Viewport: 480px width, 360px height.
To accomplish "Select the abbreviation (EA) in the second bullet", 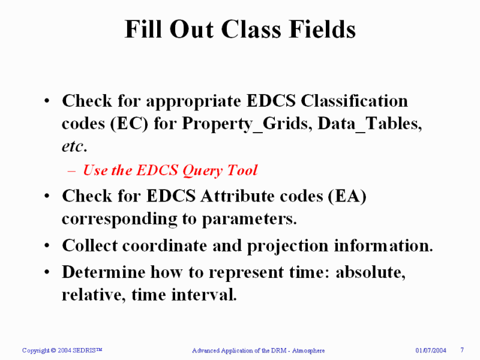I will [x=347, y=196].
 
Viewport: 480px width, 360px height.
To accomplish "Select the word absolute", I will [x=370, y=272].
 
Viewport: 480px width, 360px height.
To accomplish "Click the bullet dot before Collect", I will [x=47, y=247].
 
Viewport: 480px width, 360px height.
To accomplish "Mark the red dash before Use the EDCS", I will [x=71, y=171].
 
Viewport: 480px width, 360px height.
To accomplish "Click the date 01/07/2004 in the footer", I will [x=431, y=350].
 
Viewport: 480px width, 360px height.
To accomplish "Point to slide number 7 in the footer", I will [x=463, y=350].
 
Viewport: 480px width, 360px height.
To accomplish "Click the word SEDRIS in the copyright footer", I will [x=89, y=350].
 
